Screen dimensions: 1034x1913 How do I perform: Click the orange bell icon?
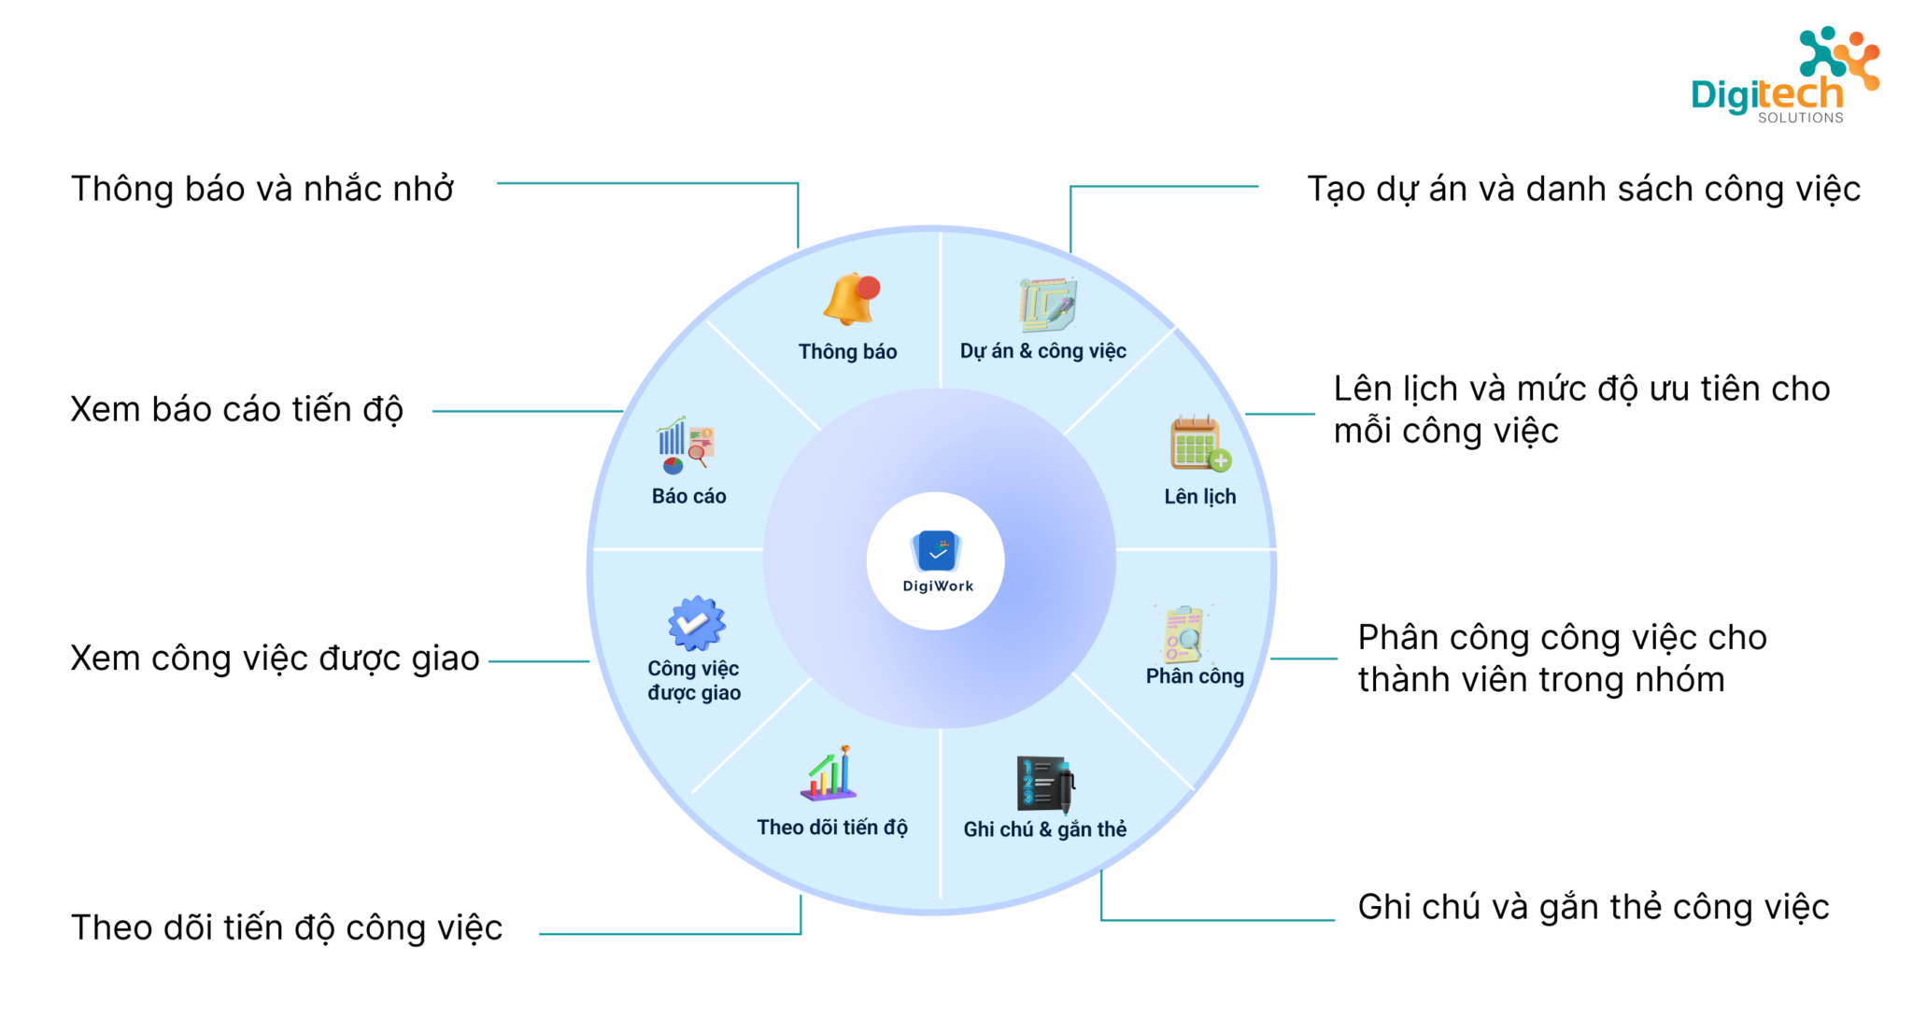(851, 299)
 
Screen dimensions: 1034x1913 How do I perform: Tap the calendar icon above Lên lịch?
(1199, 443)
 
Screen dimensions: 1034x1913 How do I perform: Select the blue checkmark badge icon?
(696, 623)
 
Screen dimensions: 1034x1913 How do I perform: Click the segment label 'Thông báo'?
(847, 352)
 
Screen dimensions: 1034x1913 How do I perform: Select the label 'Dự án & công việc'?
(1042, 351)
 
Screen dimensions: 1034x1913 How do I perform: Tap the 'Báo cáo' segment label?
(688, 496)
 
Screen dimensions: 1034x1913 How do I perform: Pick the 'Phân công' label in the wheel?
(1195, 675)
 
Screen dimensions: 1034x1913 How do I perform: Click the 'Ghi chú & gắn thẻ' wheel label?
(1044, 829)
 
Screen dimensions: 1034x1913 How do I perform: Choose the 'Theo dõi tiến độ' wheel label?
(831, 828)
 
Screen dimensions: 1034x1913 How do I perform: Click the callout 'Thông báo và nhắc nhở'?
(262, 189)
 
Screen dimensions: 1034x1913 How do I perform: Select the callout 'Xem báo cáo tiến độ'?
(236, 409)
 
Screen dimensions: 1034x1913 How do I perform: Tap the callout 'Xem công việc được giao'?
(275, 659)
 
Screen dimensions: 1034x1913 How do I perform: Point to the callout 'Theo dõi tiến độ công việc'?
(286, 928)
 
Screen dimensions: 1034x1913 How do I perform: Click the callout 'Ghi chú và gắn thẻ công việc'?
(1593, 907)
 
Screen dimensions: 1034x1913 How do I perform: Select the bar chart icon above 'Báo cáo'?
(686, 445)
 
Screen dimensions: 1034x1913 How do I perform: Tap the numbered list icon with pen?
(1045, 784)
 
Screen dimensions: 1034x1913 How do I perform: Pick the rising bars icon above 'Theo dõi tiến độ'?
(829, 774)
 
